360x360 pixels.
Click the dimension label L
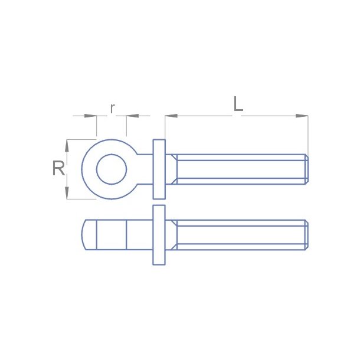coord(237,104)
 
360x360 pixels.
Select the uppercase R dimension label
coord(58,169)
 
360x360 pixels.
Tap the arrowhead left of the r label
coord(90,116)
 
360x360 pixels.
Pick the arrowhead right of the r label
coord(132,116)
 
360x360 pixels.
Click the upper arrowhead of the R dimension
coord(67,146)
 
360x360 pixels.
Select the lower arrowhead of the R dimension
coord(67,192)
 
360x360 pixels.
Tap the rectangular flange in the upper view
coord(159,169)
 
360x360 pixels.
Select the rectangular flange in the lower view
coord(159,235)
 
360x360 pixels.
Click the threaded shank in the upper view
coord(239,169)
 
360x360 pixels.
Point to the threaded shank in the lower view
coord(239,235)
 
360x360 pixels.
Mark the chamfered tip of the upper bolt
coord(306,169)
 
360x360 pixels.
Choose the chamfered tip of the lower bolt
coord(306,235)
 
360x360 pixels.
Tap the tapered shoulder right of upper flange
coord(171,169)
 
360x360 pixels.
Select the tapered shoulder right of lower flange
coord(171,235)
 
